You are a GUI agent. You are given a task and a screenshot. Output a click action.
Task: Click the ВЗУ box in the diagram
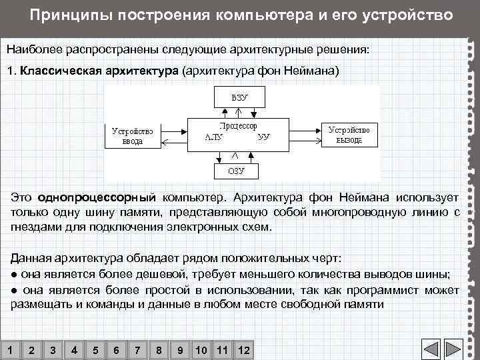tap(239, 97)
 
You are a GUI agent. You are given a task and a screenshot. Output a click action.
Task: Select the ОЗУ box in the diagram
tap(237, 170)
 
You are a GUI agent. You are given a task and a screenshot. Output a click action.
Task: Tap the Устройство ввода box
tap(132, 135)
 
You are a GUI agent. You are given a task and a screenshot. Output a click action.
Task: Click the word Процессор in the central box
tap(238, 125)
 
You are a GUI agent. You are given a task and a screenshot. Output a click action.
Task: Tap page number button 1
tap(9, 350)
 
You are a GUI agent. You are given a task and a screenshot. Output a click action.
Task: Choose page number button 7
tap(137, 350)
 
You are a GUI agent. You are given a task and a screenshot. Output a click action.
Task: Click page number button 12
tap(243, 350)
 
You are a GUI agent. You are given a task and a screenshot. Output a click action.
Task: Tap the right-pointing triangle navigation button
tap(453, 349)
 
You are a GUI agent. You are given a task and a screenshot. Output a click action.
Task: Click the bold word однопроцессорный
tap(97, 198)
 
